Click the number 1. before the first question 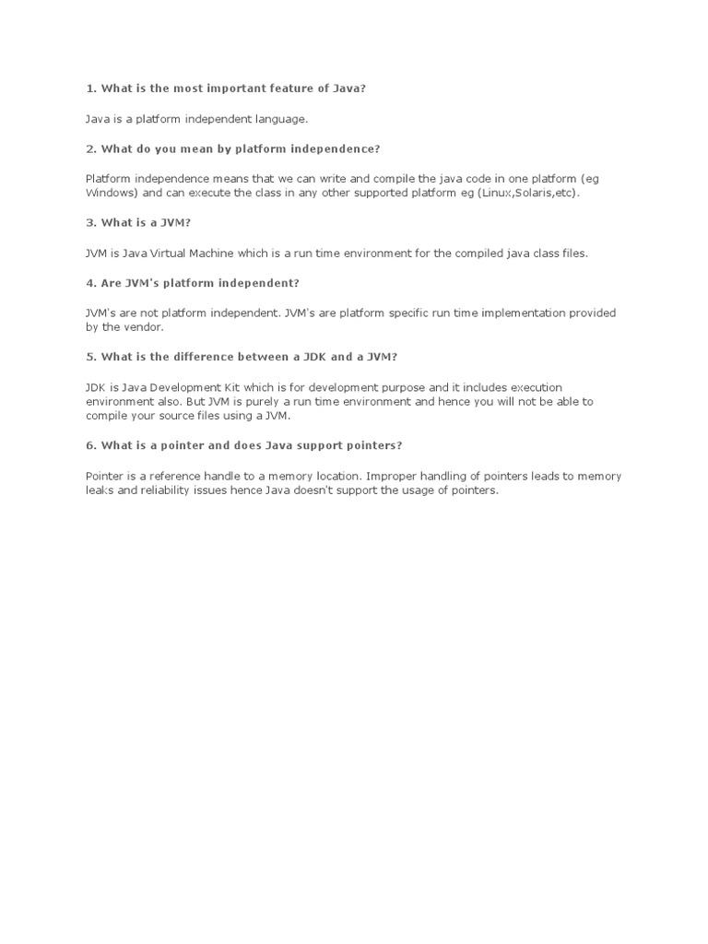coord(91,88)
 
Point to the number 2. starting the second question coord(91,148)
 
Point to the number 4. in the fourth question coord(91,282)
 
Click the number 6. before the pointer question coord(91,445)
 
